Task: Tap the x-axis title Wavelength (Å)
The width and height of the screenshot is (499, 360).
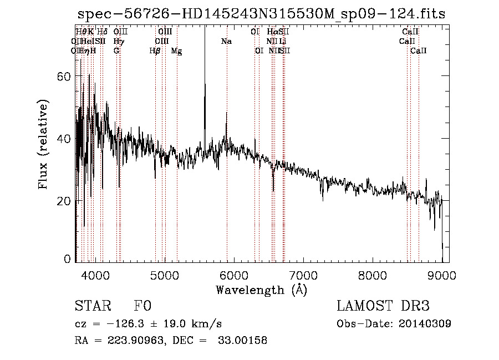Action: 261,290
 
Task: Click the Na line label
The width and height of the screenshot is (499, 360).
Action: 226,41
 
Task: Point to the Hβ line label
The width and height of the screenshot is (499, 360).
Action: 155,50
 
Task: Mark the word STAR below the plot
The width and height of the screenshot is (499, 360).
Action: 91,306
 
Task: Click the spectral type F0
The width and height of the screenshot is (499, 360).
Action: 142,306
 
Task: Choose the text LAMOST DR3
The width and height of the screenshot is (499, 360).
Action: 383,306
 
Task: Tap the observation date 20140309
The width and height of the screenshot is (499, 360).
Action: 425,323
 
